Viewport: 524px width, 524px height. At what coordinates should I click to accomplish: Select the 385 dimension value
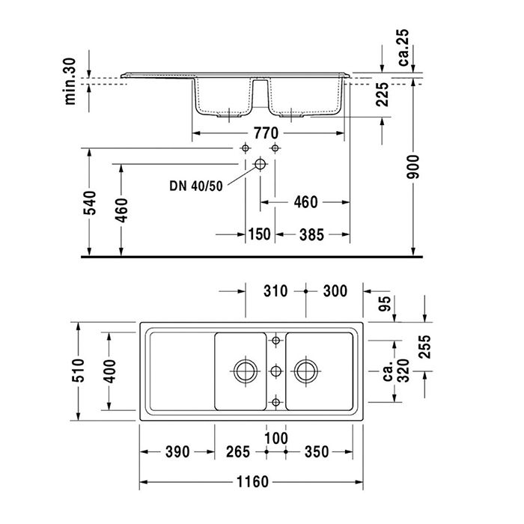(x=311, y=234)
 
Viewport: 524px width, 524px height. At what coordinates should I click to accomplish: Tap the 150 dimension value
(x=258, y=234)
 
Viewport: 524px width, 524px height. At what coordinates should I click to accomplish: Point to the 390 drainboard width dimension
(x=177, y=451)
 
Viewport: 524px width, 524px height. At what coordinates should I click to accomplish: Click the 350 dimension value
(x=317, y=451)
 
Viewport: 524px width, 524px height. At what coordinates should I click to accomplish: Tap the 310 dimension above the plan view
(x=275, y=290)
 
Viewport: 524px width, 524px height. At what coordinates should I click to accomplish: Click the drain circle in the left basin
(x=243, y=369)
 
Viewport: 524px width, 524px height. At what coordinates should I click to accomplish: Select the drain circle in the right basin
(x=305, y=369)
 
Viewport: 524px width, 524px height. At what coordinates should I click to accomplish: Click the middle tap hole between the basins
(x=275, y=369)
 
